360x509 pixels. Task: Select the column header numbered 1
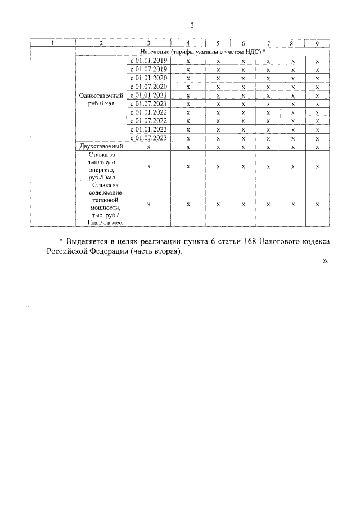(53, 43)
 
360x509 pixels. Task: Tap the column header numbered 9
(318, 43)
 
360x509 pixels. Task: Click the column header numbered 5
(217, 43)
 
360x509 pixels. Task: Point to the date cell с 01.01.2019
(149, 60)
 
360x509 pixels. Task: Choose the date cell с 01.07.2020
(149, 87)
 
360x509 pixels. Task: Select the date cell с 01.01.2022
(149, 112)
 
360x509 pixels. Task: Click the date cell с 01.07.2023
(149, 138)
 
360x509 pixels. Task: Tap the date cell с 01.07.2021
(149, 103)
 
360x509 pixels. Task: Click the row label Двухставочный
(101, 146)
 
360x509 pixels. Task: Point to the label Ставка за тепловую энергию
(101, 166)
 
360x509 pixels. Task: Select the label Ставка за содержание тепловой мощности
(101, 204)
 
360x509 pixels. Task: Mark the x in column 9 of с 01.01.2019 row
(318, 61)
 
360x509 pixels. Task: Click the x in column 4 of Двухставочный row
(188, 147)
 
